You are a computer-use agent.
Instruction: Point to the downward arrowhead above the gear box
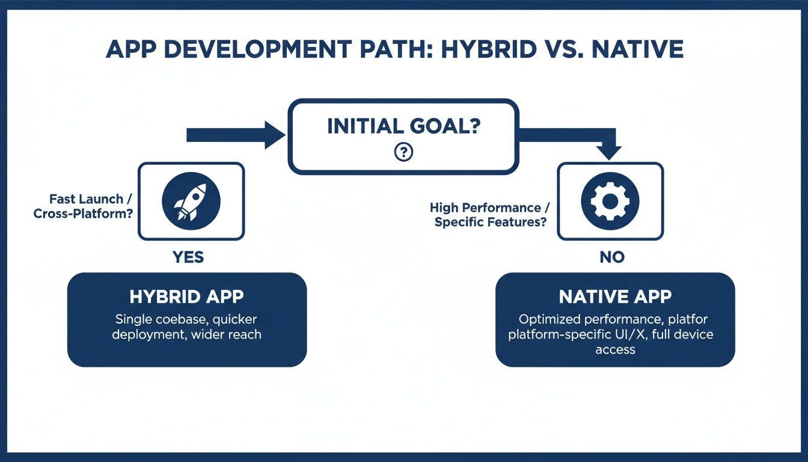[x=610, y=152]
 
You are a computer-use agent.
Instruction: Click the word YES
[x=188, y=257]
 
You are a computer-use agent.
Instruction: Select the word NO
[x=611, y=257]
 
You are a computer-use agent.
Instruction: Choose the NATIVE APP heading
[x=615, y=297]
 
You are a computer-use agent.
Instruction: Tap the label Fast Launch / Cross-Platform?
[x=84, y=206]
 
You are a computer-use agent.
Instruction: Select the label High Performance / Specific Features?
[x=488, y=215]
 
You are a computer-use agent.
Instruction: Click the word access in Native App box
[x=615, y=350]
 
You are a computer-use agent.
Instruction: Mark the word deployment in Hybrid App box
[x=148, y=334]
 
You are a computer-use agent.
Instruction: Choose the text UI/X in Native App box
[x=631, y=334]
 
